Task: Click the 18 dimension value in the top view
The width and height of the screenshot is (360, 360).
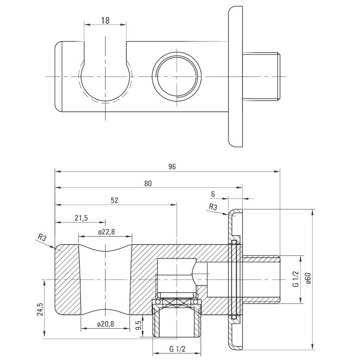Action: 105,21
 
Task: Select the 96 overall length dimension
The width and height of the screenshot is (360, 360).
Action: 172,167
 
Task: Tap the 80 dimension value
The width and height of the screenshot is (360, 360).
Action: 148,183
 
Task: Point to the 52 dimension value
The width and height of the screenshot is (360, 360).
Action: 114,200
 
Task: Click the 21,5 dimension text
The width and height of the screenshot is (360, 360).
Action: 81,218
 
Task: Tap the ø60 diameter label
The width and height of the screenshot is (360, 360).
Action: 308,278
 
